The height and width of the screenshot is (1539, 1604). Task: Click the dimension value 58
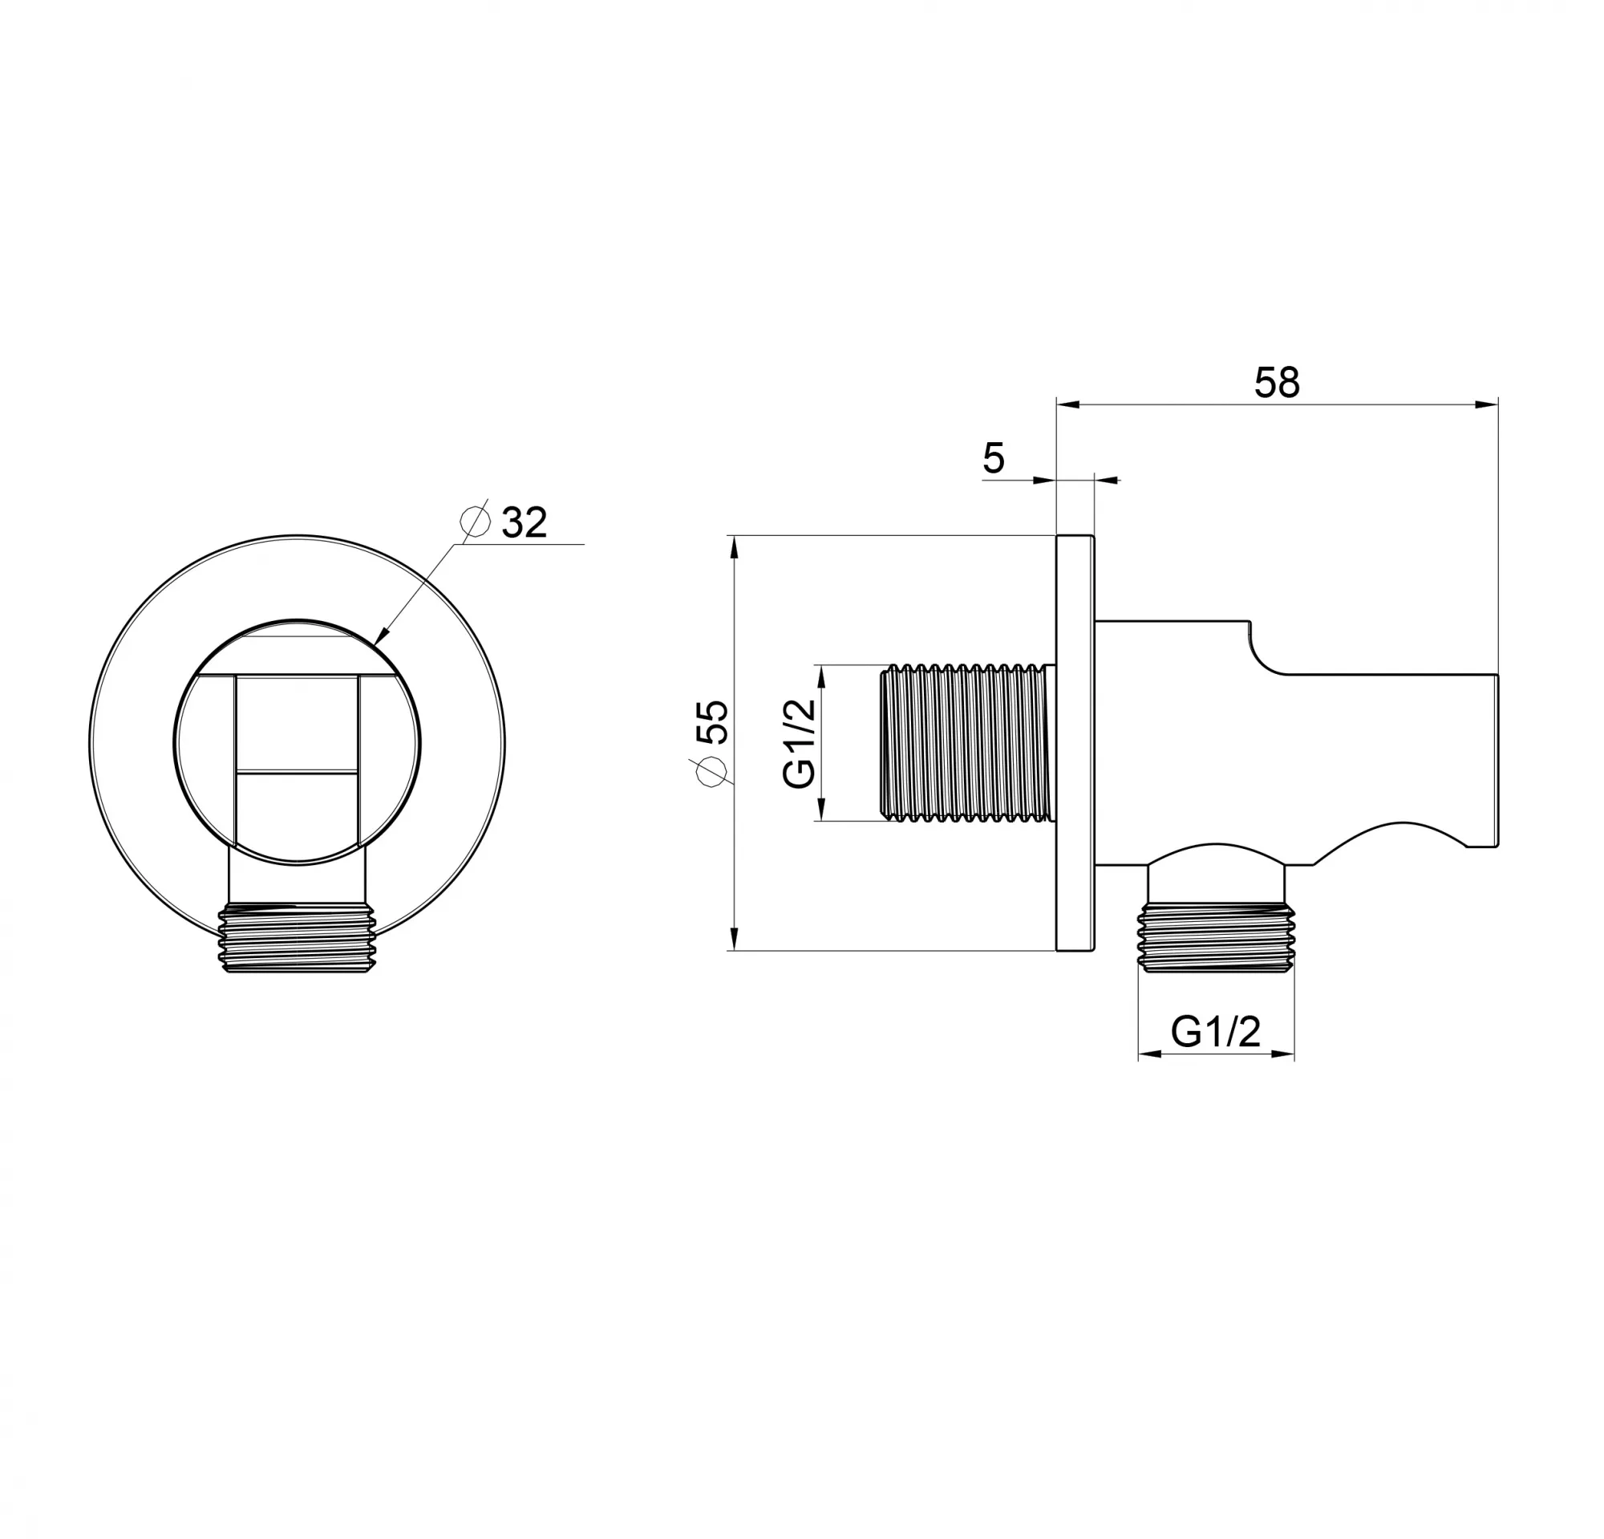tap(1277, 382)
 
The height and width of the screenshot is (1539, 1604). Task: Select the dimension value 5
tap(994, 458)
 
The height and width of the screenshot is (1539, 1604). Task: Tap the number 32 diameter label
tap(524, 522)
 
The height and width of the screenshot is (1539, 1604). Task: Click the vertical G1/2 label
tap(800, 743)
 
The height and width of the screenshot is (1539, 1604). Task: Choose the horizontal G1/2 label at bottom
tap(1215, 1031)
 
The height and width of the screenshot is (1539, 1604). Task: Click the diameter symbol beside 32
tap(475, 520)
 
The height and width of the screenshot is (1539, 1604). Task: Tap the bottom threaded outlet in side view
tap(1216, 937)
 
